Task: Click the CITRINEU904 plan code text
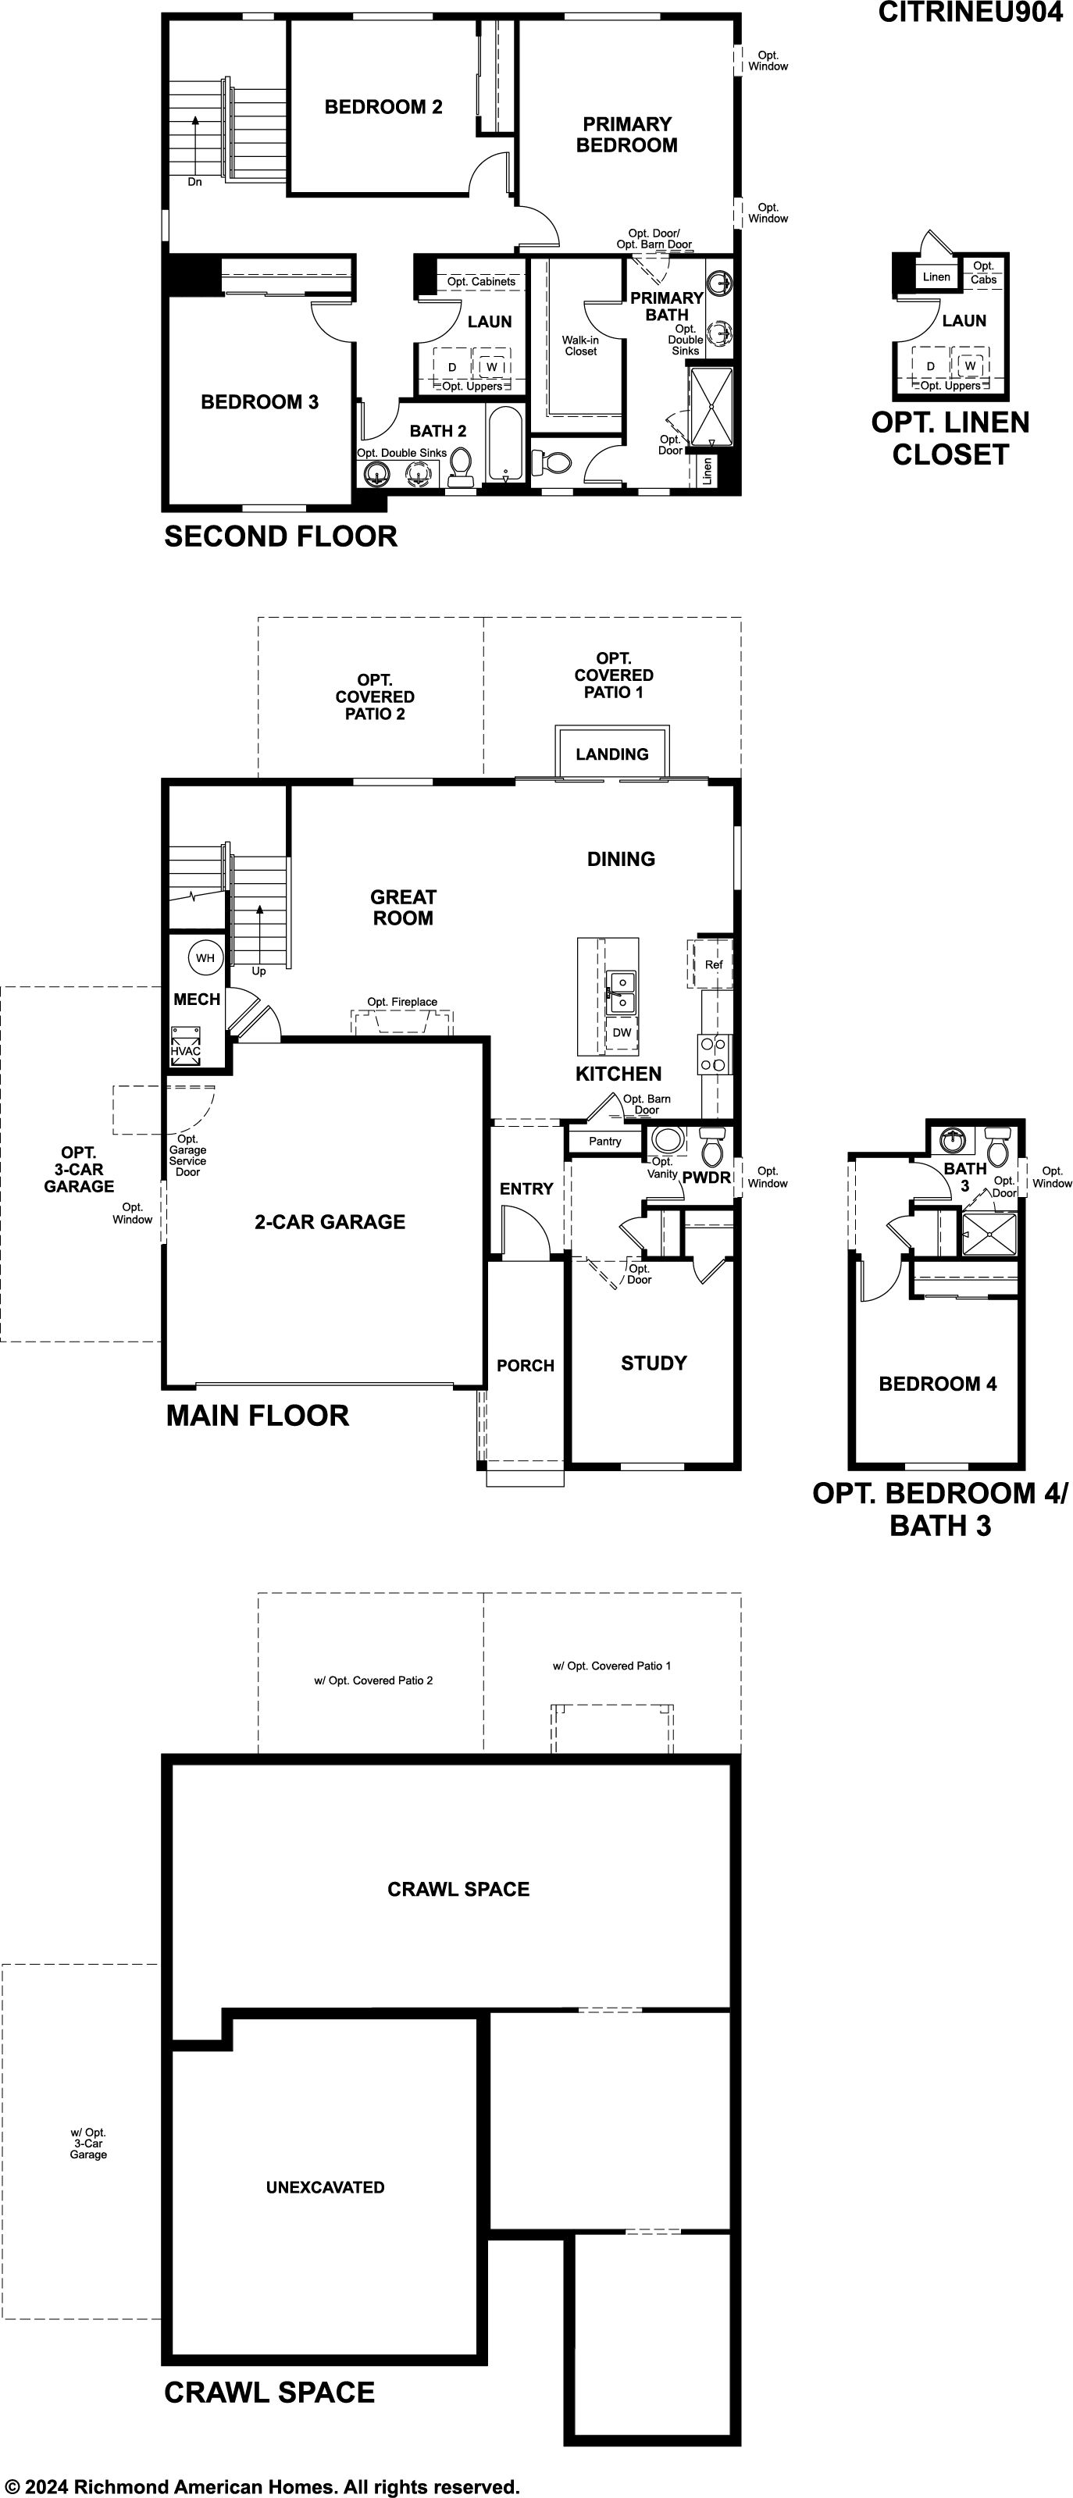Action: click(x=970, y=12)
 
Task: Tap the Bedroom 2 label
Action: click(x=383, y=107)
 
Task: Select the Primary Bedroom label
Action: click(x=627, y=135)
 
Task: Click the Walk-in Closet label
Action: click(x=580, y=346)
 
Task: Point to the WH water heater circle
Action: click(x=205, y=958)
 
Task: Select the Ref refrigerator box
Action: click(x=713, y=964)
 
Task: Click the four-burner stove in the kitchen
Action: click(x=714, y=1054)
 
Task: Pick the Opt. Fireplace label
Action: click(x=401, y=1002)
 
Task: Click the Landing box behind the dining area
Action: click(x=612, y=753)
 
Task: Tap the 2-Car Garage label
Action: click(x=330, y=1222)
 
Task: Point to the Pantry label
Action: click(x=605, y=1142)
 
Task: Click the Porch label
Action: click(x=526, y=1366)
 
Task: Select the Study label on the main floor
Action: click(x=654, y=1363)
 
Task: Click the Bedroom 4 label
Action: click(x=938, y=1384)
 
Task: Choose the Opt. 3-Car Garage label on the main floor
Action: click(x=79, y=1170)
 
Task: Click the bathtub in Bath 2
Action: click(x=505, y=444)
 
